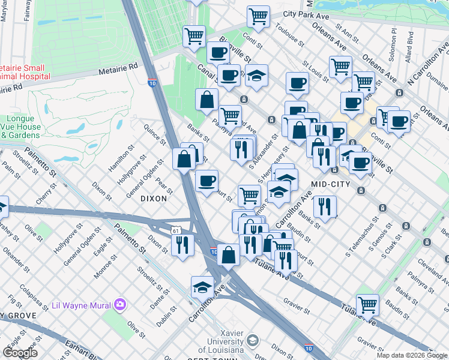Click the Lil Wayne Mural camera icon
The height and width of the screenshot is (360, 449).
coord(121,305)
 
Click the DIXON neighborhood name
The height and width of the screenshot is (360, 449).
coord(154,198)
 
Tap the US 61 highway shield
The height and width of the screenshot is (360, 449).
coord(175,230)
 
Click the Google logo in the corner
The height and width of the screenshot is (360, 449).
coord(20,353)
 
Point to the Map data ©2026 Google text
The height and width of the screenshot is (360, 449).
coord(412,355)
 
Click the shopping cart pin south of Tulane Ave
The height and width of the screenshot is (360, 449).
coord(367,304)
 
